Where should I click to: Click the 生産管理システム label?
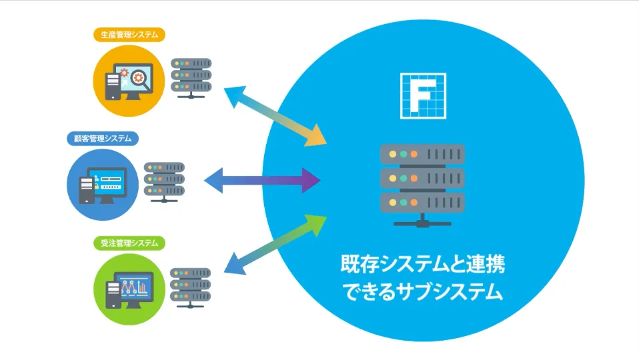tap(130, 35)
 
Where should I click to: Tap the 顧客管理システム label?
tap(103, 139)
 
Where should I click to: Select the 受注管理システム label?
tap(130, 243)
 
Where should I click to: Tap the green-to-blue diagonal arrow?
tap(275, 244)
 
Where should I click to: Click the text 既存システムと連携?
tap(422, 265)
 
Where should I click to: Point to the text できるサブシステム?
tap(422, 292)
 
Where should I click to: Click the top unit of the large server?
tap(422, 155)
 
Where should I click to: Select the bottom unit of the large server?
tap(422, 201)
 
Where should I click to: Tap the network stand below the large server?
tap(422, 221)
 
